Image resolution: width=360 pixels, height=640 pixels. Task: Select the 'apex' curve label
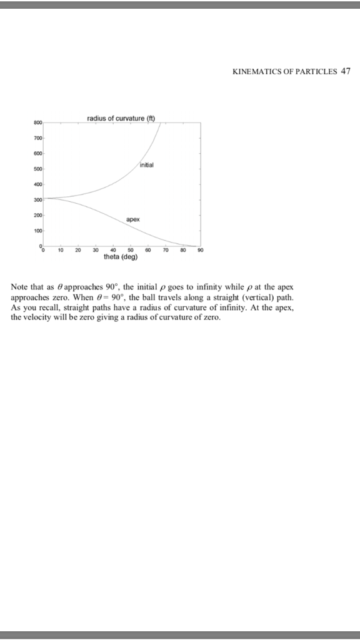pyautogui.click(x=132, y=220)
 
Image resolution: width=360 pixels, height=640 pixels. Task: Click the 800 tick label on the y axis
pyautogui.click(x=37, y=122)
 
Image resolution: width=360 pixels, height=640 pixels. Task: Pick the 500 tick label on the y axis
pyautogui.click(x=37, y=169)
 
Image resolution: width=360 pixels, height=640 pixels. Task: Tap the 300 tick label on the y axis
pyautogui.click(x=37, y=200)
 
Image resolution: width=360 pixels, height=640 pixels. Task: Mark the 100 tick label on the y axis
pyautogui.click(x=37, y=231)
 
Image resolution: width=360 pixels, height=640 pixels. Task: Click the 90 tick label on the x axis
pyautogui.click(x=199, y=250)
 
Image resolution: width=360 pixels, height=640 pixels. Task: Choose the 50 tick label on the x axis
pyautogui.click(x=130, y=250)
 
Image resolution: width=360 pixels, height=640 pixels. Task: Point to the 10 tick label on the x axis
pyautogui.click(x=61, y=250)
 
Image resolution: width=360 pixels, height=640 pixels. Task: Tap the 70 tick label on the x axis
pyautogui.click(x=165, y=250)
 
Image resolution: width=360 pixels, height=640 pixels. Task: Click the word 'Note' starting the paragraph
pyautogui.click(x=19, y=287)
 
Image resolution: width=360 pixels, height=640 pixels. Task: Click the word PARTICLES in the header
pyautogui.click(x=317, y=71)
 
